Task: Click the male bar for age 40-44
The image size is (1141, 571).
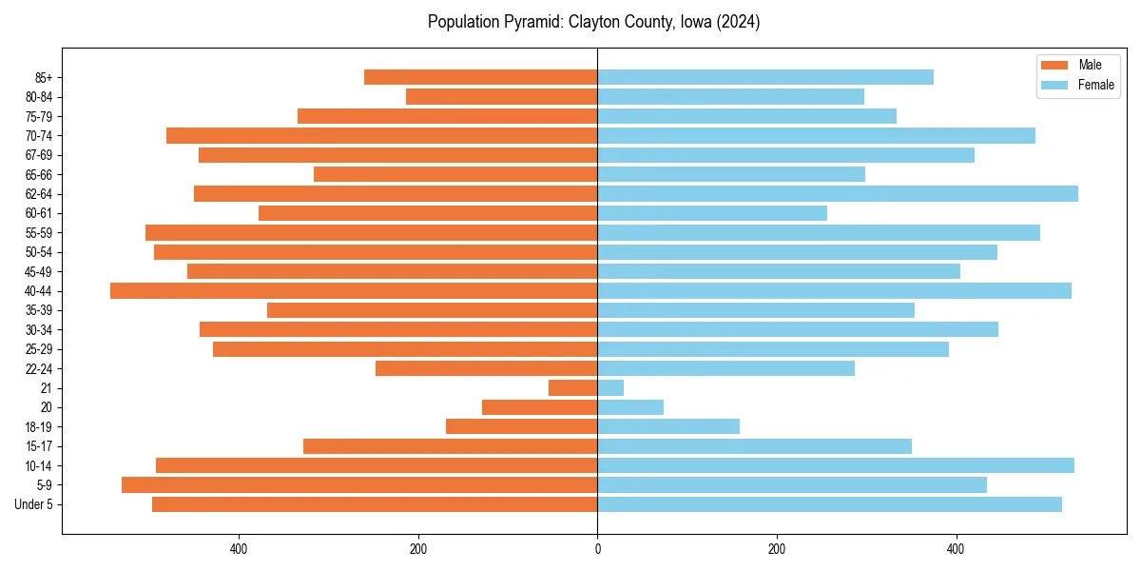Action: [354, 291]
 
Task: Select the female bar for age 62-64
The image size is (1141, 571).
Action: [837, 194]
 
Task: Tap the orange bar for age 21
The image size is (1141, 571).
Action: [573, 388]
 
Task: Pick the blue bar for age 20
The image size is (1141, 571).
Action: [630, 407]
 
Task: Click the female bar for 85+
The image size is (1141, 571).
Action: [765, 77]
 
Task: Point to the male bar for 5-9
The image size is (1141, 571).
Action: [359, 485]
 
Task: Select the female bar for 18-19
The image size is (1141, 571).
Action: [668, 427]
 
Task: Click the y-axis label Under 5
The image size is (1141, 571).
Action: [34, 504]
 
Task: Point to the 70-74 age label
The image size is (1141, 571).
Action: [38, 136]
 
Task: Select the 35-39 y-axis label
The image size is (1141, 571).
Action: [38, 310]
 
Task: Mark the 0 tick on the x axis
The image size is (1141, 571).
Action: [597, 548]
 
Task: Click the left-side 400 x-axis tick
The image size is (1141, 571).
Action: [239, 548]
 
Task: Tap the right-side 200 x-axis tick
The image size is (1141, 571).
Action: [777, 548]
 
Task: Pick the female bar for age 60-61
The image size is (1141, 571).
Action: [712, 213]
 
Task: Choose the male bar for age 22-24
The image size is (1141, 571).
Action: [486, 368]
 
